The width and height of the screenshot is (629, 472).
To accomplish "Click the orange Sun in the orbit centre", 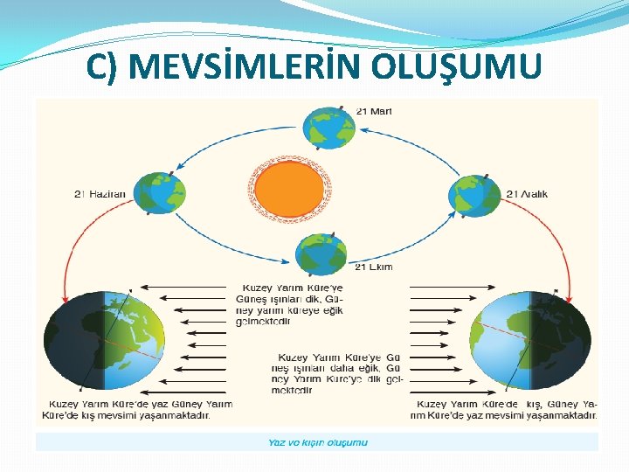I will [290, 184].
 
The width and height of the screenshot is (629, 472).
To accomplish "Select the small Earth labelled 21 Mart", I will [328, 127].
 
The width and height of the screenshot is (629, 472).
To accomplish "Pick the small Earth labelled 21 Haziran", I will [159, 194].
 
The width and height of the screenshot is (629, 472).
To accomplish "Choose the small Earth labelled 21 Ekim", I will [321, 255].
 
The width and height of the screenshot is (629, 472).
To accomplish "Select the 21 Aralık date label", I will [527, 194].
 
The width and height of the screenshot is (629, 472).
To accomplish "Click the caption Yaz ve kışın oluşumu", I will [317, 442].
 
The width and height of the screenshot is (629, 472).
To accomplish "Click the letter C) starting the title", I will [101, 66].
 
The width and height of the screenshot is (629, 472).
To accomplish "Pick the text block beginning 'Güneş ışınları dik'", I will [289, 303].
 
